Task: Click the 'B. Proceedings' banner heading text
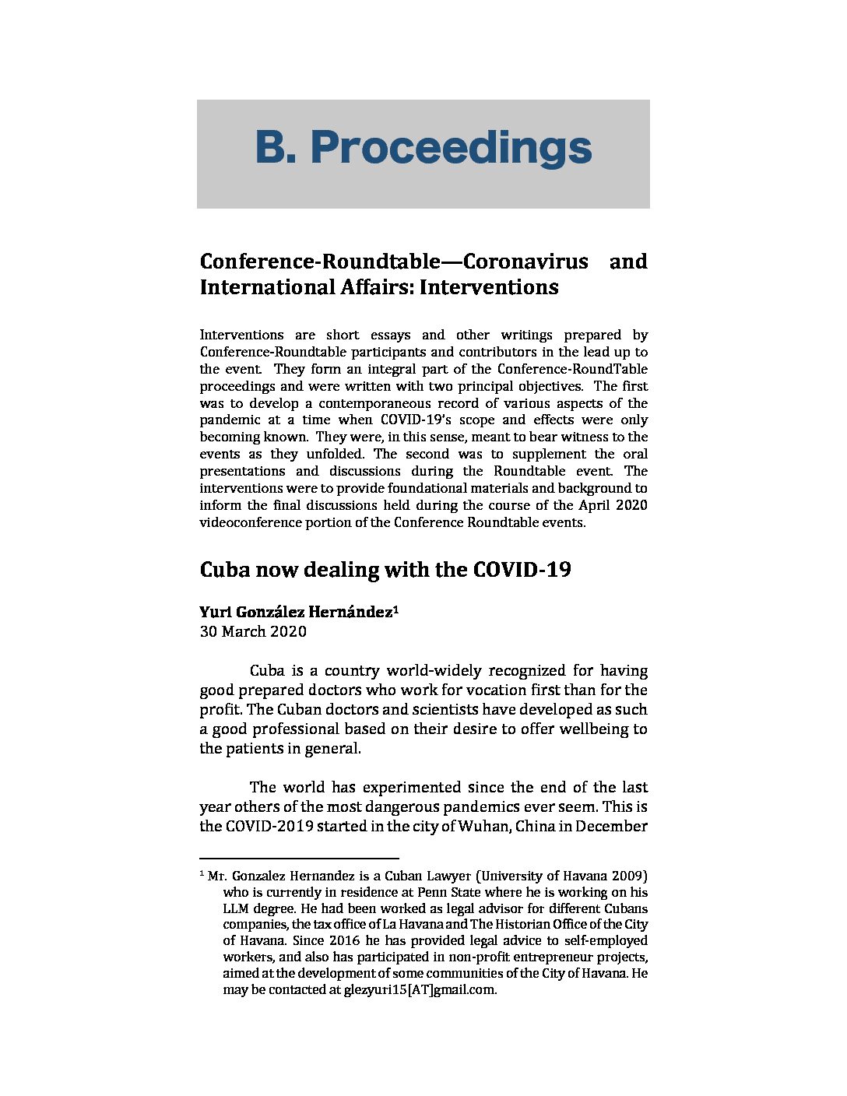click(x=423, y=148)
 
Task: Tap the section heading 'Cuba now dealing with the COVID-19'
click(x=385, y=570)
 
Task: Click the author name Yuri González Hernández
click(x=296, y=613)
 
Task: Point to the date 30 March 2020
click(x=253, y=631)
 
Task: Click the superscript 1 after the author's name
click(x=396, y=609)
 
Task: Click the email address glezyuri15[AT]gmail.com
click(x=420, y=990)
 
